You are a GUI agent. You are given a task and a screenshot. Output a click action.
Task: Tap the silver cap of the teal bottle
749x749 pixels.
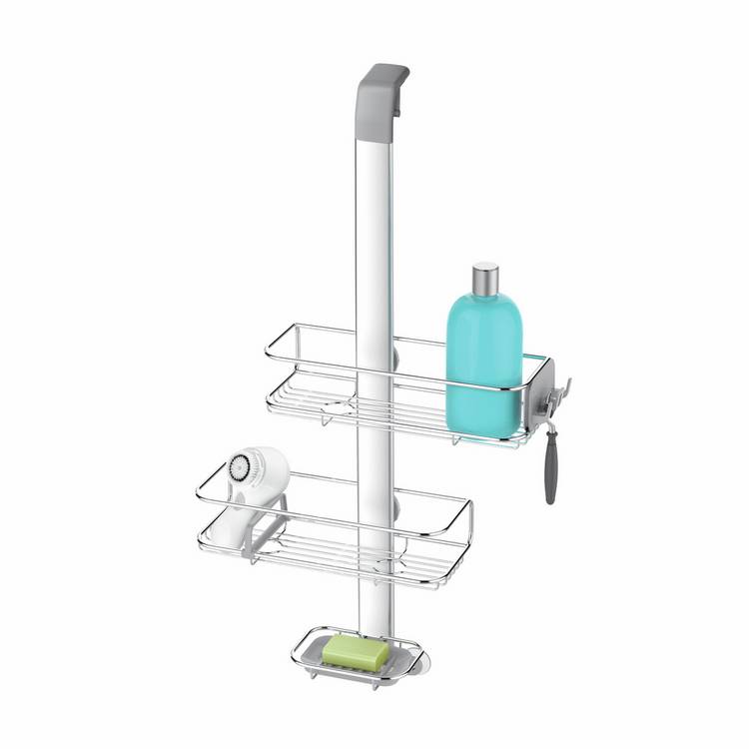(x=485, y=280)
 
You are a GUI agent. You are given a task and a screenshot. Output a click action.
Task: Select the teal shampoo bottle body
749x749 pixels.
(x=483, y=360)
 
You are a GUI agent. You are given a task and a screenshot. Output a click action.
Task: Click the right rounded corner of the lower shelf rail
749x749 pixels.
(x=466, y=509)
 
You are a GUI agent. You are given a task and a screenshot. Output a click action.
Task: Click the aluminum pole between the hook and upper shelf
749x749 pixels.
(x=374, y=220)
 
